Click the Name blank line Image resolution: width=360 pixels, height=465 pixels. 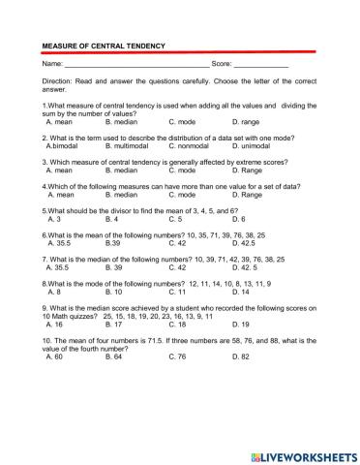point(131,65)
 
